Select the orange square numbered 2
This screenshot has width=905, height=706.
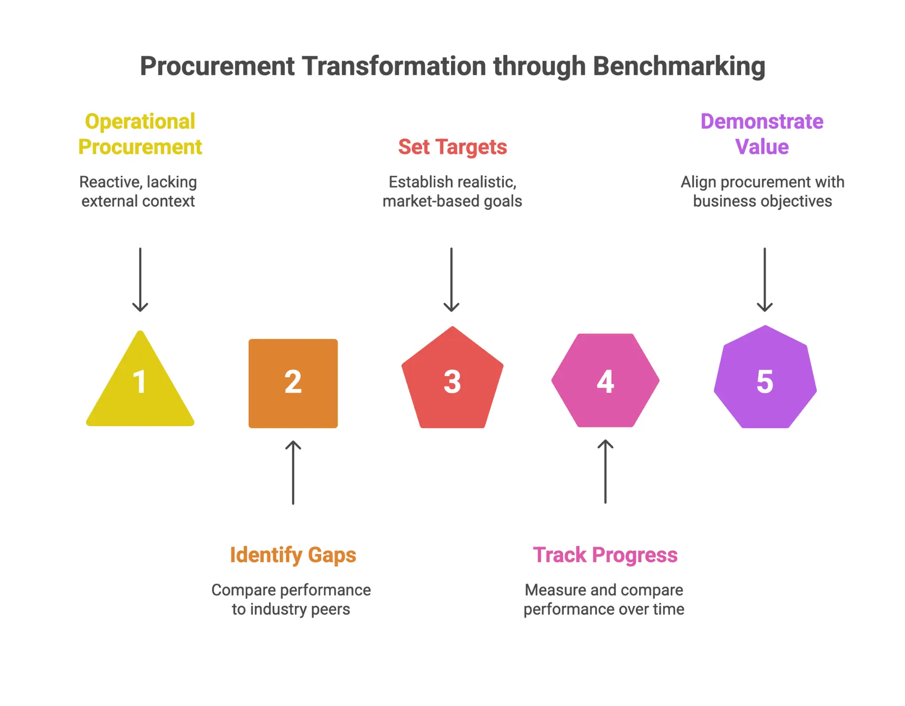(293, 383)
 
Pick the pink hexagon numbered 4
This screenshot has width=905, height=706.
(605, 380)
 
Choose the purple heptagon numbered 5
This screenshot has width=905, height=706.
(765, 380)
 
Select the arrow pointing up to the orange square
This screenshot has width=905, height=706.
(293, 472)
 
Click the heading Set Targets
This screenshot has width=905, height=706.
(452, 147)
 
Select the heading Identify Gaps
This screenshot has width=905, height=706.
(293, 555)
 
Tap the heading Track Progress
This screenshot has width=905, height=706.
(605, 555)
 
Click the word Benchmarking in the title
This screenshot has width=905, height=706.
(679, 66)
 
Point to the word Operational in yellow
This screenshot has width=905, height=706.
(140, 121)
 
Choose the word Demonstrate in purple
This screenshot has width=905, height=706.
(762, 121)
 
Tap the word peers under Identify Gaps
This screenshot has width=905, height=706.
(330, 609)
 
